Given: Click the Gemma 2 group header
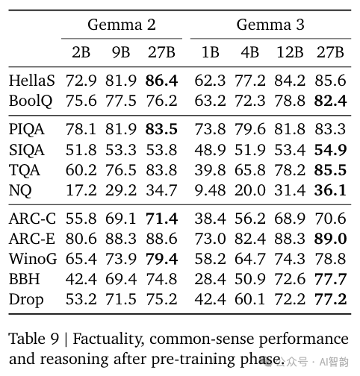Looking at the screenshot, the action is click(122, 25).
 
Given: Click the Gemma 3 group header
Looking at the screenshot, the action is click(270, 25).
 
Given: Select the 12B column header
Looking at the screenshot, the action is click(290, 52).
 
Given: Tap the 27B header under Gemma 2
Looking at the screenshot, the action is click(161, 52).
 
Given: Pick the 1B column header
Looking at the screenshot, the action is click(211, 52).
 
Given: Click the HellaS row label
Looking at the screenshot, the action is click(32, 81).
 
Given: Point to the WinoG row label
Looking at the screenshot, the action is click(33, 259).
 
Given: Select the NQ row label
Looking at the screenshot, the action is click(20, 190).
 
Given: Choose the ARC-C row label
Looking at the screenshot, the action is click(32, 219).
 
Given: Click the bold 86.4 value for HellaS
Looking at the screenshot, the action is click(161, 81).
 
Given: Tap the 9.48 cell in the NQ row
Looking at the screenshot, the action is click(210, 190).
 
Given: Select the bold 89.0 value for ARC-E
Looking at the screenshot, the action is click(330, 239).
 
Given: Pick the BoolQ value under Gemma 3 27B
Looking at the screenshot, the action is click(330, 101).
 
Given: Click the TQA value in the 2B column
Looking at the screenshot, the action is click(81, 170).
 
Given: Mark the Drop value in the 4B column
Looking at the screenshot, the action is click(250, 299).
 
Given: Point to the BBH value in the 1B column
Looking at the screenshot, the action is click(210, 279).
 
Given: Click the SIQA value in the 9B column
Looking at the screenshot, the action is click(121, 150).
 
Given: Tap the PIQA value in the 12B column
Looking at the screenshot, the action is click(290, 129).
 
